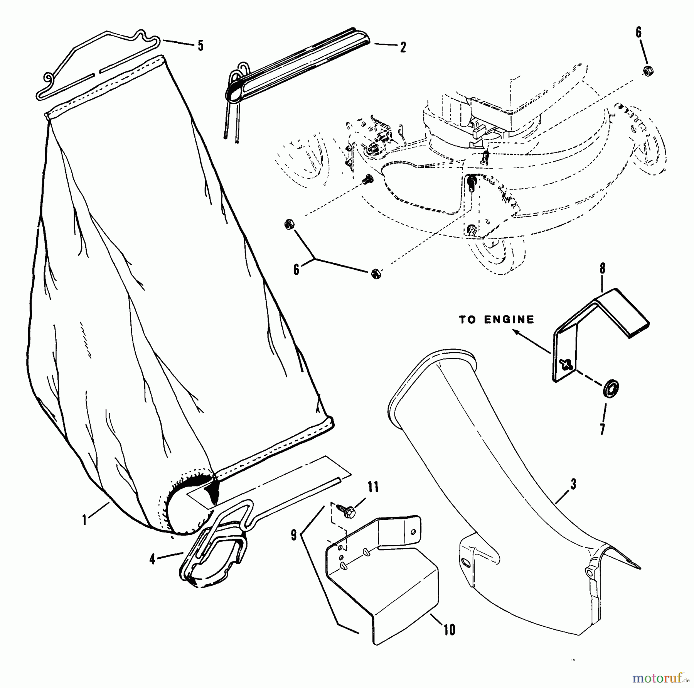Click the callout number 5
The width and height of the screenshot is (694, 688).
[200, 46]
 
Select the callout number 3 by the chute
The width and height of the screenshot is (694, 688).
[573, 485]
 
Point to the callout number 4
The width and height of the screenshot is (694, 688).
[153, 559]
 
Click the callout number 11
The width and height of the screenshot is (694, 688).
[373, 487]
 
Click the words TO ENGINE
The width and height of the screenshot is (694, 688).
[497, 319]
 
